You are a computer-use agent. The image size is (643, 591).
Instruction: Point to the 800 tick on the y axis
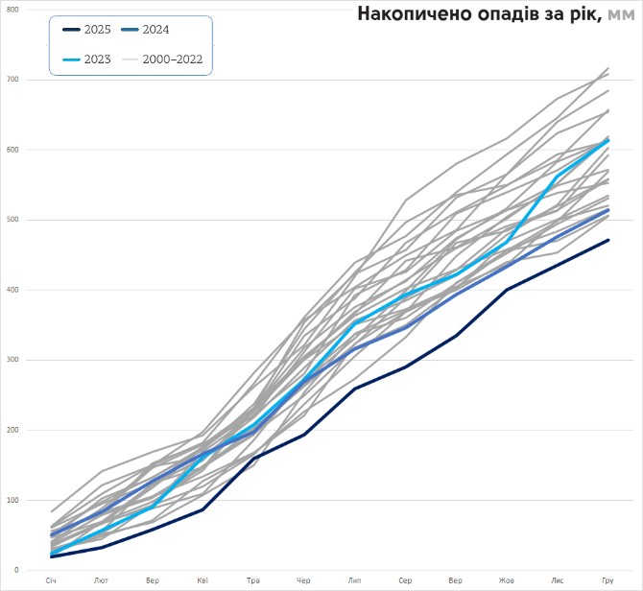[12, 9]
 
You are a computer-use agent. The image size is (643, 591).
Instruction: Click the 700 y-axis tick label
[12, 79]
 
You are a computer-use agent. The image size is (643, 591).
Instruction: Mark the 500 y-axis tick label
[12, 219]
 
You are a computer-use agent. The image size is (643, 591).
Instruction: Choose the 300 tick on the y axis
[12, 360]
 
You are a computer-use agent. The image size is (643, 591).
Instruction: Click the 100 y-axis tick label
[12, 500]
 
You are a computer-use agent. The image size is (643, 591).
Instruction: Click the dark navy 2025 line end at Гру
[607, 240]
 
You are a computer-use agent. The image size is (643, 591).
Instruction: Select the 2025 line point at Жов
[507, 289]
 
